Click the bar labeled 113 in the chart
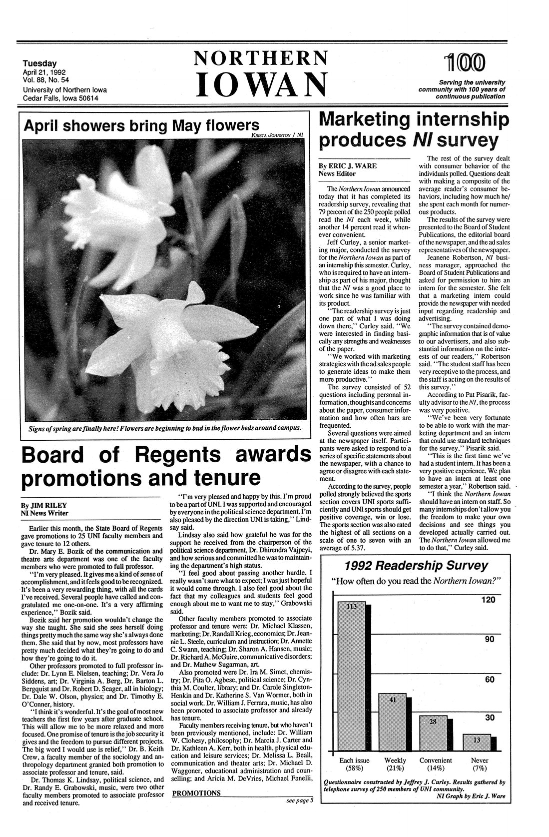[x=352, y=675]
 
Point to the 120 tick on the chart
[x=487, y=599]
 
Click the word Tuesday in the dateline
[x=39, y=63]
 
